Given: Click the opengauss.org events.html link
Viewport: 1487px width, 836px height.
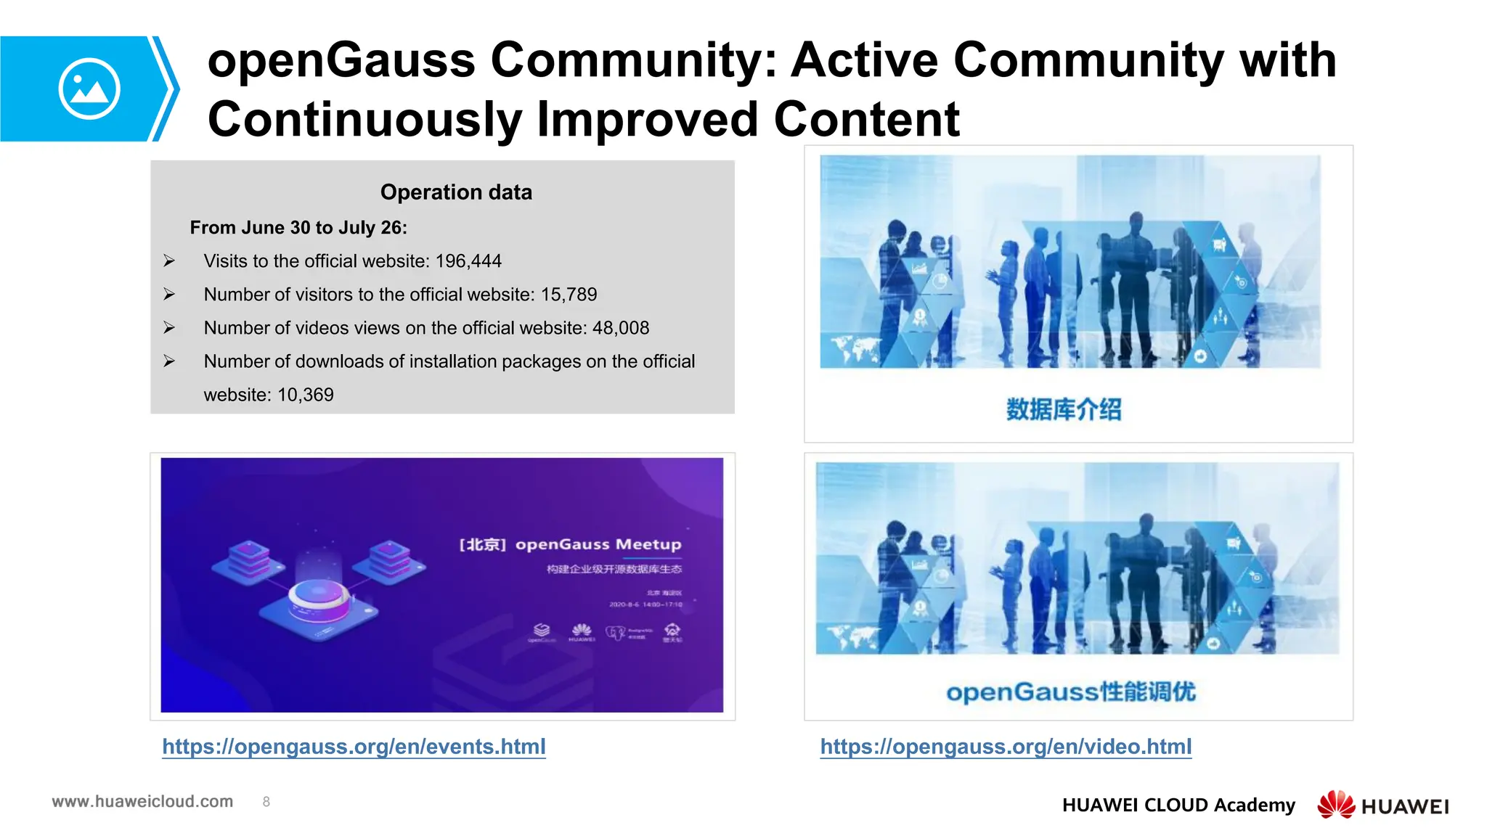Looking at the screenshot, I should pos(354,746).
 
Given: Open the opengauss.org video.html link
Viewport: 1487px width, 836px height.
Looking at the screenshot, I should pos(1006,746).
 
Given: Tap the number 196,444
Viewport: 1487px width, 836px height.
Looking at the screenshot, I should pos(468,261).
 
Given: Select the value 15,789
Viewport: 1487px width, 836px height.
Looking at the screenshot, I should pos(569,295).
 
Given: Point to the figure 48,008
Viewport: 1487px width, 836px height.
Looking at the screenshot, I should pos(621,328).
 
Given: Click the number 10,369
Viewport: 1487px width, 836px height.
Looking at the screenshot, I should pos(306,395).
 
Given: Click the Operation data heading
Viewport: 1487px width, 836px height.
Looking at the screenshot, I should pos(456,192).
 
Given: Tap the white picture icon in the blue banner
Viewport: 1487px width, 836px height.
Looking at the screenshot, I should pos(89,89).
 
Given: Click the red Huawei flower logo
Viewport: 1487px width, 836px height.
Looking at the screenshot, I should pos(1336,804).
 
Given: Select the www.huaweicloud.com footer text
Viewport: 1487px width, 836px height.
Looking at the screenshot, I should pos(142,801).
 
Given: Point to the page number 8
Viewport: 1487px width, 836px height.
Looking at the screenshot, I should pos(266,802).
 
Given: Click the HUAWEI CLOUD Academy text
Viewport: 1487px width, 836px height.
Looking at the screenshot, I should pos(1178,805).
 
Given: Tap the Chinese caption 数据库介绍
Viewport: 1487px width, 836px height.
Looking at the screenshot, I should pos(1063,409).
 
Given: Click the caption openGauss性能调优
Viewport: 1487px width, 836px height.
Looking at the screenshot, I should pos(1071,692).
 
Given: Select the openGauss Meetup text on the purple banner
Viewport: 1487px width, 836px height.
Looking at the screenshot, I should pos(598,544).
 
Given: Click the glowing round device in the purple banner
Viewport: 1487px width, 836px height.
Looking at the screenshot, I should pos(319,599).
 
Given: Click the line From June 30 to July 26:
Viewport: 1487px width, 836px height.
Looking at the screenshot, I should pos(298,228).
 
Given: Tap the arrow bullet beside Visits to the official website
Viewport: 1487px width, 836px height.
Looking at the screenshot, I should pos(169,261).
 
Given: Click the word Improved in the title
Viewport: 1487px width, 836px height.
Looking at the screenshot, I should pos(649,119).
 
